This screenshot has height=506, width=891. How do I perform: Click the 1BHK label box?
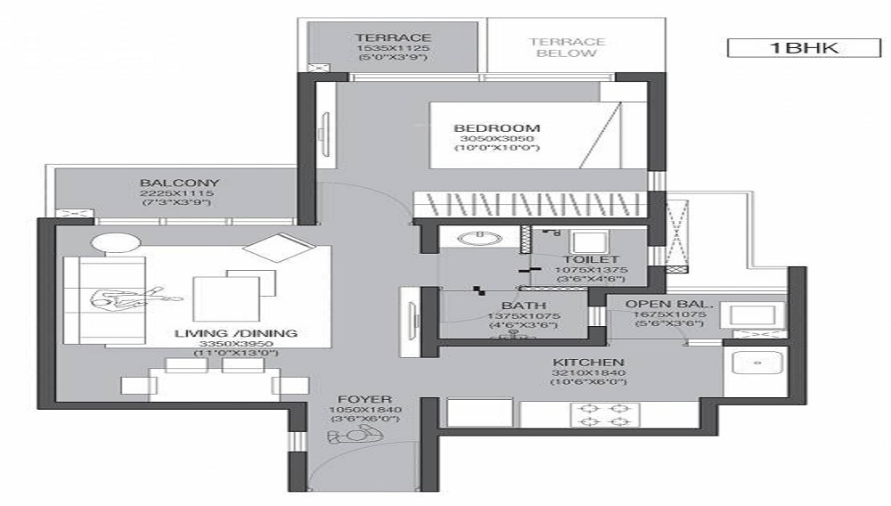tap(797, 48)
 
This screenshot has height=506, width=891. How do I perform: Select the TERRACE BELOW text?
tap(567, 47)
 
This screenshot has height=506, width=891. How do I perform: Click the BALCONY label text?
tap(179, 183)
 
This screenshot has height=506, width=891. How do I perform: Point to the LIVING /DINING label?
tap(236, 333)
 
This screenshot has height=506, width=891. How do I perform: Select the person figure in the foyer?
tap(355, 435)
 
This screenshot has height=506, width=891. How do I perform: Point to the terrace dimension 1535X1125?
tap(393, 47)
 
